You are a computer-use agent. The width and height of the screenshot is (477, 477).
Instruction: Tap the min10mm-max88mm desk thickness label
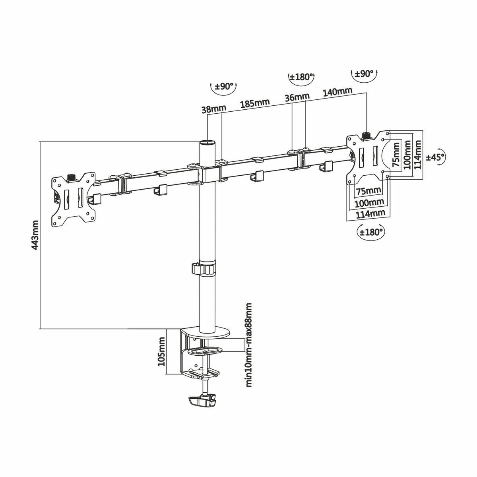click(249, 344)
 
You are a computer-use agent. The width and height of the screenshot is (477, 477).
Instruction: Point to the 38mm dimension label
click(213, 109)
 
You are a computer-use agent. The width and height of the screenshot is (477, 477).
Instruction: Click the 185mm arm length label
click(254, 103)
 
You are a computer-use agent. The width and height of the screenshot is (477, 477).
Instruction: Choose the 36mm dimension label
click(297, 97)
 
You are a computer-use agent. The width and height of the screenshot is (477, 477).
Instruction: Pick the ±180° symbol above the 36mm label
click(301, 77)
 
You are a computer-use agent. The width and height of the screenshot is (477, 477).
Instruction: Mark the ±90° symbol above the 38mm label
click(224, 87)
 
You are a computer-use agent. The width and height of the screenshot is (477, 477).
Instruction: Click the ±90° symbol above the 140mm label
click(365, 74)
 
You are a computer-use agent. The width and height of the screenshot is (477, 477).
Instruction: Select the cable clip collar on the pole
click(206, 268)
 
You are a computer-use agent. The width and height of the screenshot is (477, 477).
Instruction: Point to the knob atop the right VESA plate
click(366, 136)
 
